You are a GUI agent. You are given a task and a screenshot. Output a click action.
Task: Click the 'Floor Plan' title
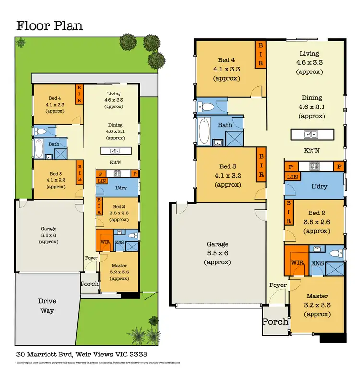tap(49, 25)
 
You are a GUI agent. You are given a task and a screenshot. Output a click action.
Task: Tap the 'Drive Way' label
tap(47, 306)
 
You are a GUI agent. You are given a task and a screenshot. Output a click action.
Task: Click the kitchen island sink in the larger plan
tap(312, 134)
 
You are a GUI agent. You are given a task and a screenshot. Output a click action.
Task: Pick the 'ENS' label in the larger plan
tap(317, 263)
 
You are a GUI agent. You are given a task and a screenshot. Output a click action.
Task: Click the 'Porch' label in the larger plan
tap(275, 322)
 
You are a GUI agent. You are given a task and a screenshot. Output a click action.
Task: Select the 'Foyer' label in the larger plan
tap(278, 285)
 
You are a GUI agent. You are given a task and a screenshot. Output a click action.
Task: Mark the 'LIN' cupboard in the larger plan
tap(291, 177)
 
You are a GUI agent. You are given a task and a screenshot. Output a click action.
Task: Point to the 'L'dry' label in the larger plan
tap(320, 186)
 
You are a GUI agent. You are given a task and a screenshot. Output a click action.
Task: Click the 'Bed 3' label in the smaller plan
tap(56, 174)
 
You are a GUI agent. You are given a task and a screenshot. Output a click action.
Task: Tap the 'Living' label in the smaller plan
tap(114, 94)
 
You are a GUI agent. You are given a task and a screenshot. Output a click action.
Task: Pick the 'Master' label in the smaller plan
tap(119, 266)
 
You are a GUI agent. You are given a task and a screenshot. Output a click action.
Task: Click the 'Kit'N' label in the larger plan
tap(312, 150)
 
